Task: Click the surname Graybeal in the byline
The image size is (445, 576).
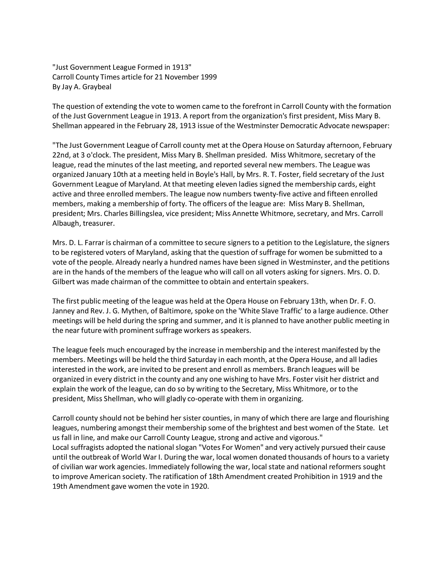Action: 97,87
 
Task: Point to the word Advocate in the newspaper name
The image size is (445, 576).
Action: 334,126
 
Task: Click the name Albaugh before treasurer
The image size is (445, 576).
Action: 66,223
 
